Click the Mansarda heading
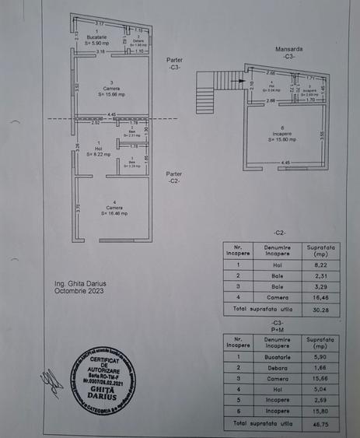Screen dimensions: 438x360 click(x=288, y=50)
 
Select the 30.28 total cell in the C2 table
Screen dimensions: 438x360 click(x=320, y=310)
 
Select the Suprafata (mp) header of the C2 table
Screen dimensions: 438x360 click(x=320, y=250)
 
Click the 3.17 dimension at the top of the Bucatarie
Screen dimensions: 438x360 click(x=99, y=25)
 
